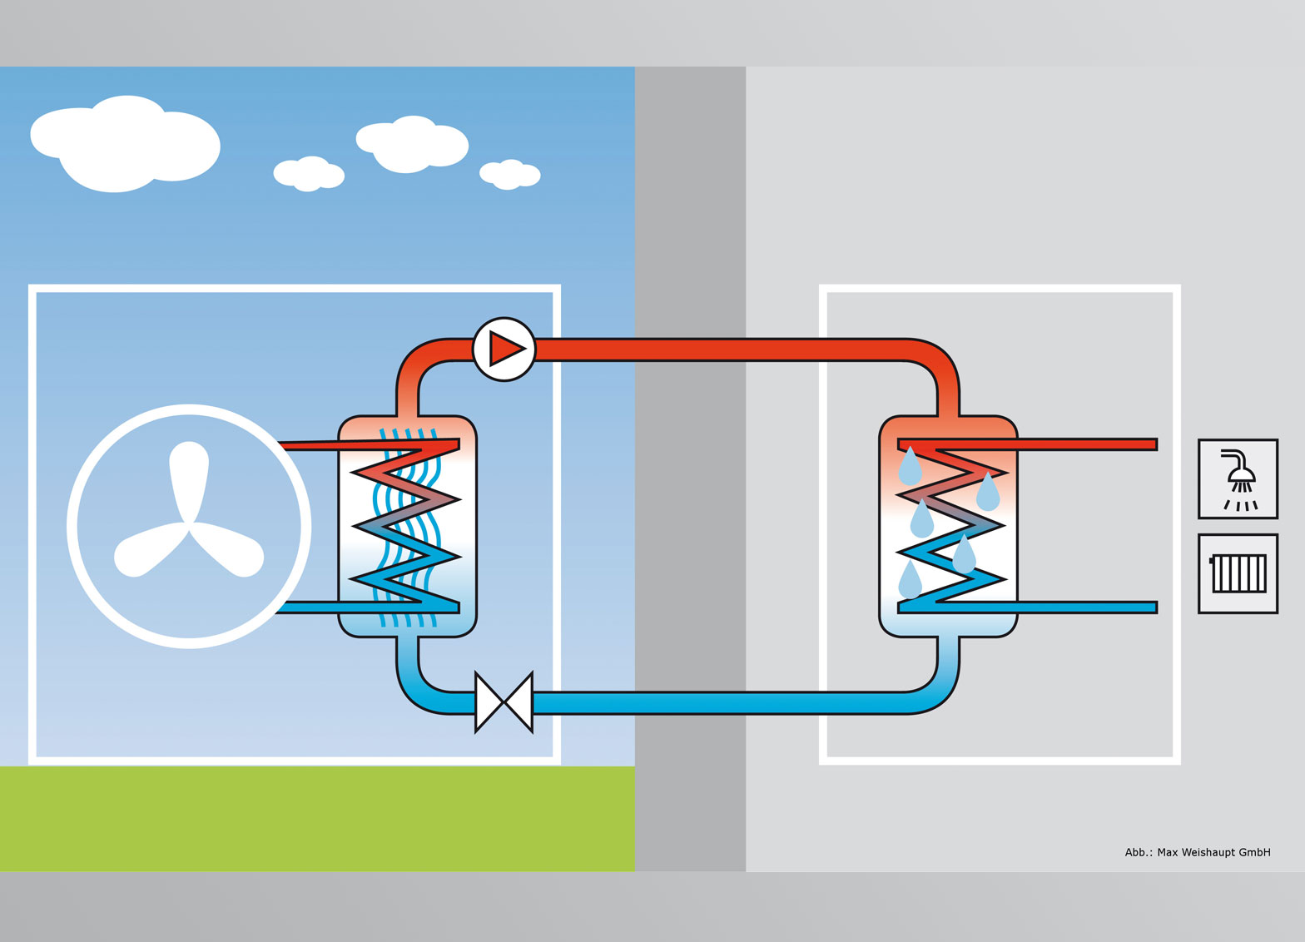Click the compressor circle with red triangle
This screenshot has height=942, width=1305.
click(504, 349)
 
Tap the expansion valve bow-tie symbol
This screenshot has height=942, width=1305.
click(504, 702)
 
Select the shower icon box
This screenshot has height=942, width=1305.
click(1238, 479)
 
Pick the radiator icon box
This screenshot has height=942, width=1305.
click(1238, 573)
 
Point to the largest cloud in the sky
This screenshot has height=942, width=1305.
click(125, 144)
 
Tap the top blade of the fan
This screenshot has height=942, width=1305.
click(189, 478)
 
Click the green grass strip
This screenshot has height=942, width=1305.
click(316, 818)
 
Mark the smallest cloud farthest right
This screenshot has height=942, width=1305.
click(510, 174)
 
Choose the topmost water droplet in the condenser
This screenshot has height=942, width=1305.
click(910, 467)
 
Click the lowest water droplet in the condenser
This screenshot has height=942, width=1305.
click(911, 580)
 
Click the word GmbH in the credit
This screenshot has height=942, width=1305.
click(1253, 852)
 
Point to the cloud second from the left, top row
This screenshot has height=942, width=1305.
click(412, 144)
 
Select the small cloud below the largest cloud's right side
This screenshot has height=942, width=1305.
click(309, 174)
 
